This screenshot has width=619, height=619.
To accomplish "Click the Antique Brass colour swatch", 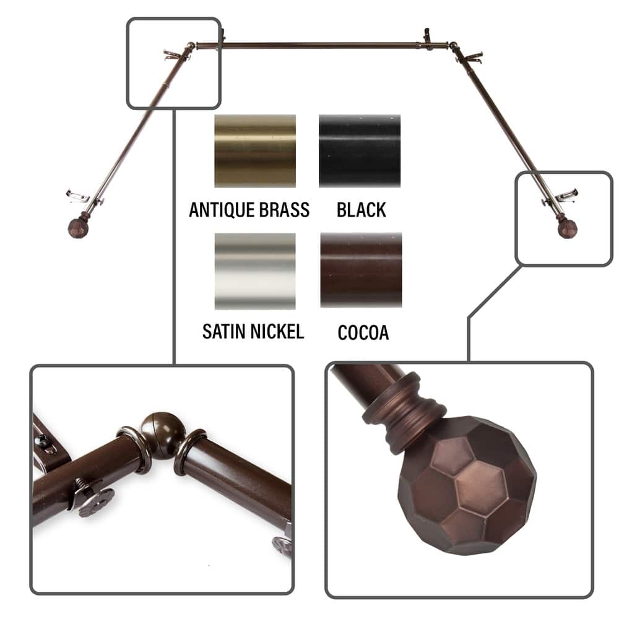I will (255, 150).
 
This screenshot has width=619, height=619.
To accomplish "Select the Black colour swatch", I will (360, 150).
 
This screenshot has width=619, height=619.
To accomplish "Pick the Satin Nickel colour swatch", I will (255, 271).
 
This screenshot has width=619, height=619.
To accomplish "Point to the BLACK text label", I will (361, 210).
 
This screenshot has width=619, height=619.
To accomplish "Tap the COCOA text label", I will (363, 332).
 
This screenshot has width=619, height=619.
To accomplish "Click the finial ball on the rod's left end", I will (78, 227).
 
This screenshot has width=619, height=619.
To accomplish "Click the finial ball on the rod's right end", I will (566, 227).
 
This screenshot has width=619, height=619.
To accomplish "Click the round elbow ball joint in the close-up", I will (160, 435).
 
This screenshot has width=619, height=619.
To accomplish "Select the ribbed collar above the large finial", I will (405, 412).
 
